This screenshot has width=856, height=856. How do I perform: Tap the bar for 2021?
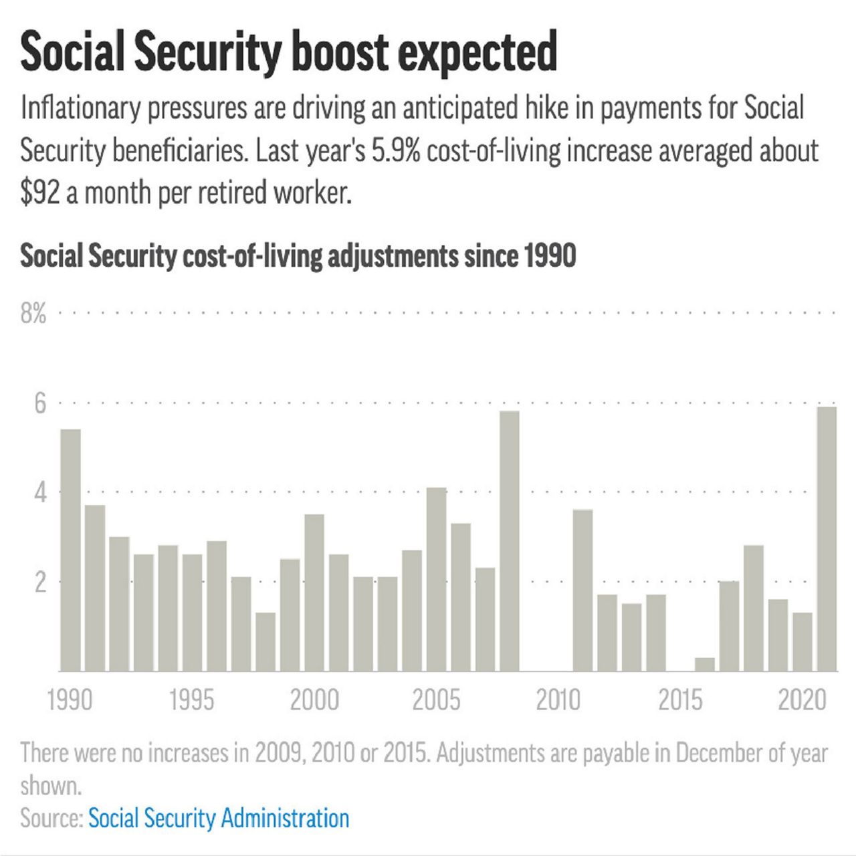(827, 538)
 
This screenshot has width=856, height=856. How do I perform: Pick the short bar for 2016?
(705, 664)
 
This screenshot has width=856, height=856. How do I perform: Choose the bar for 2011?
(582, 590)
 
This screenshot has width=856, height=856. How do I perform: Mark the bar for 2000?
(314, 593)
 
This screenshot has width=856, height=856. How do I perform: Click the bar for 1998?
(265, 641)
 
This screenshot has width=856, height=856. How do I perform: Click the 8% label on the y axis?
(33, 312)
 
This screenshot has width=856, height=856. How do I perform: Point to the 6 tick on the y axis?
(40, 403)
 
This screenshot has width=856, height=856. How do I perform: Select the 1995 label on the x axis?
(192, 700)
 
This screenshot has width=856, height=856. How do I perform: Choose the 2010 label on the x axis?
(558, 700)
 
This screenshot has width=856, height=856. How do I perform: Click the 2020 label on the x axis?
(802, 700)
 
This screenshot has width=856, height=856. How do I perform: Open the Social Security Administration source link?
(219, 818)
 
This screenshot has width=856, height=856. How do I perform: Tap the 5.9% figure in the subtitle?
(396, 151)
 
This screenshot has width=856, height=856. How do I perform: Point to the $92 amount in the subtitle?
(40, 193)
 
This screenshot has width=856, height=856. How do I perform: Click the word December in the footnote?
(719, 753)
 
